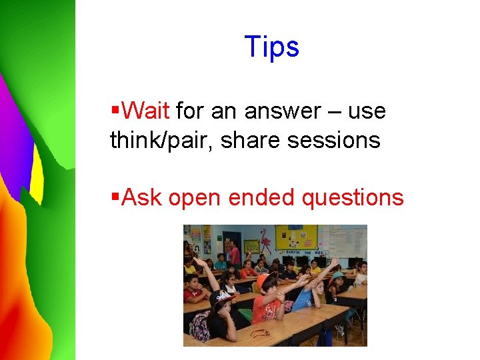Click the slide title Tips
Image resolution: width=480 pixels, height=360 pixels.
pyautogui.click(x=272, y=47)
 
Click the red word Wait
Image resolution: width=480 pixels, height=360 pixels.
pyautogui.click(x=147, y=110)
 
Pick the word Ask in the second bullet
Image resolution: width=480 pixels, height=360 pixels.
pyautogui.click(x=143, y=197)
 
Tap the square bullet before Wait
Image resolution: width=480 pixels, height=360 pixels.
pyautogui.click(x=115, y=107)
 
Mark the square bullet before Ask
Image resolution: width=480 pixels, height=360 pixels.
pyautogui.click(x=115, y=195)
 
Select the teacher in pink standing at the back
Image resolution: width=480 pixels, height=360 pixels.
pyautogui.click(x=234, y=253)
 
